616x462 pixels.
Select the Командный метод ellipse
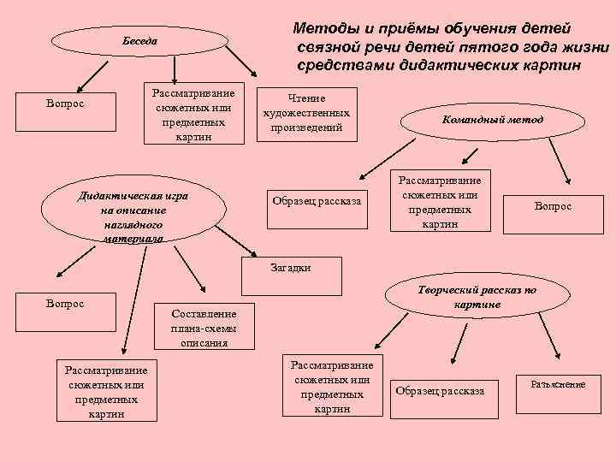point(492,121)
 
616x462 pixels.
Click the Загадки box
point(290,268)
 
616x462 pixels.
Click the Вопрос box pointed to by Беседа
point(65,104)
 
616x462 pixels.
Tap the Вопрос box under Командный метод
point(553,206)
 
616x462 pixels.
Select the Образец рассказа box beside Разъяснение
point(439,391)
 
